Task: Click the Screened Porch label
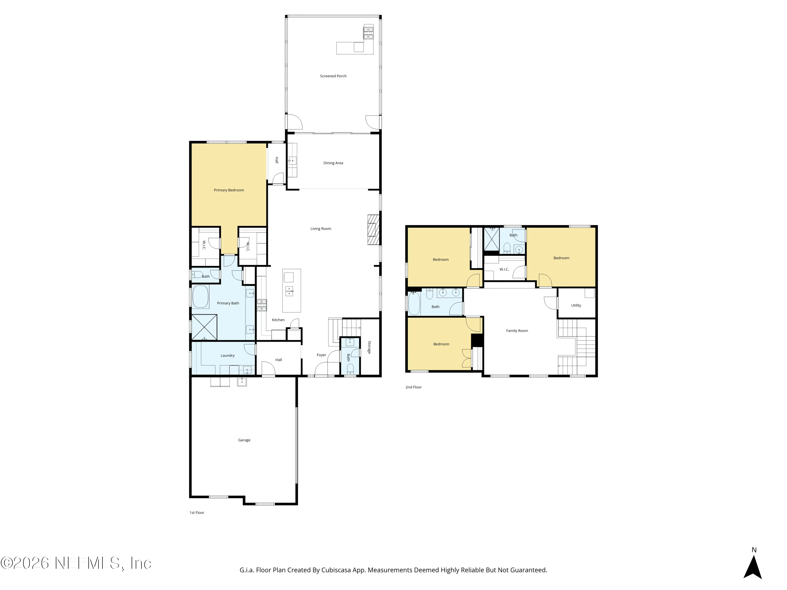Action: (333, 76)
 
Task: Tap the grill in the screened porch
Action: (368, 33)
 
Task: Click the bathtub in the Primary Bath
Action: (200, 296)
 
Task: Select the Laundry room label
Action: (227, 356)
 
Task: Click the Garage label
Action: (244, 440)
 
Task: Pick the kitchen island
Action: (291, 291)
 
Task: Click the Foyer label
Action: (321, 355)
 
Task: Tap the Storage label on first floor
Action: (369, 347)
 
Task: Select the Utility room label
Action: (576, 305)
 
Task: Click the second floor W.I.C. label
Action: (504, 270)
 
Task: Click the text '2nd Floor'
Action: (413, 387)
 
